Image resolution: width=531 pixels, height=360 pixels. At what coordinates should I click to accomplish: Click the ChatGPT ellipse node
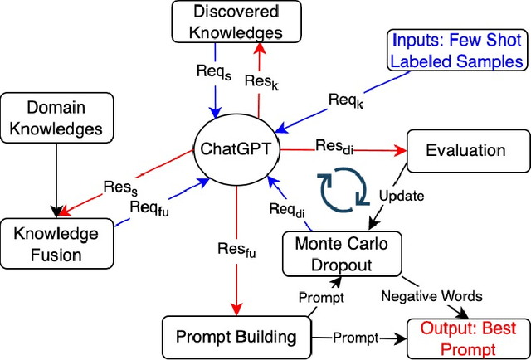click(x=236, y=150)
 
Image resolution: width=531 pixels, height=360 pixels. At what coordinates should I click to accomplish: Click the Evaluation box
click(x=464, y=150)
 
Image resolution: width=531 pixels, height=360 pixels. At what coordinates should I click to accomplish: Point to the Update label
click(x=402, y=197)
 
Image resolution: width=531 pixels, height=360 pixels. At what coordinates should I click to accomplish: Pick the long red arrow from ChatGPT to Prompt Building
click(x=236, y=249)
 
